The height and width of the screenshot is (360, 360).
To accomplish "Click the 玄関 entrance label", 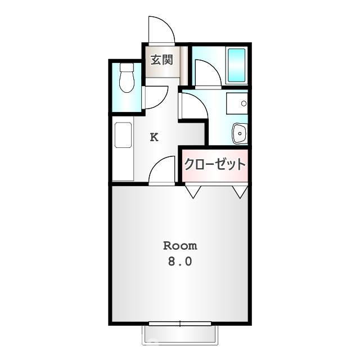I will coord(161,60).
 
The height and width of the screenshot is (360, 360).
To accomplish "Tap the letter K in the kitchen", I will coord(154,137).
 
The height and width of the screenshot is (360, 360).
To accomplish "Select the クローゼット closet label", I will coord(215,164).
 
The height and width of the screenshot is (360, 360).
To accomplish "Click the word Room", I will coord(180,246).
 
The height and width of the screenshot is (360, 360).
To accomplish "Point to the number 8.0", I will coord(180,262).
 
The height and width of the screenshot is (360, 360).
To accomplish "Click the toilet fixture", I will coord(127,78).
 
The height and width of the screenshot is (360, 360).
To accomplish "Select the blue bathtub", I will coord(236,65).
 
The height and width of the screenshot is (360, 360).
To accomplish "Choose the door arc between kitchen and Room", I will coord(163,170).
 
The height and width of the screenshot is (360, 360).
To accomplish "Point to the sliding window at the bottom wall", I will coord(180,324).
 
